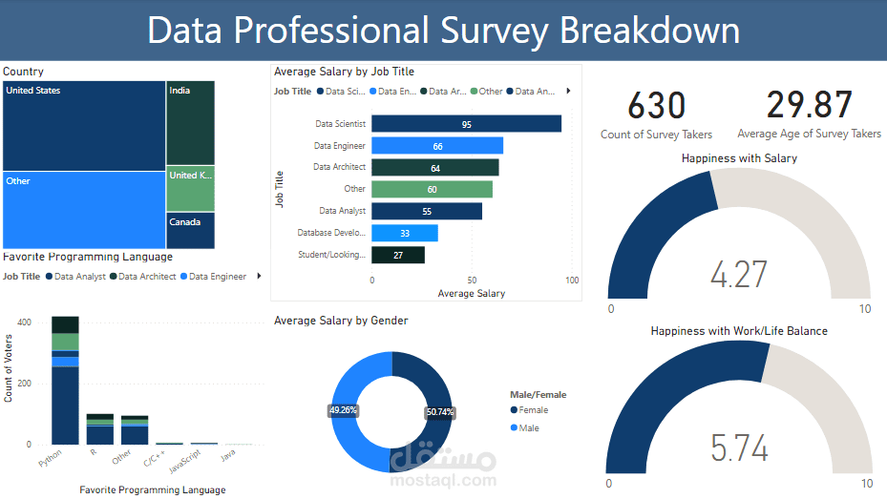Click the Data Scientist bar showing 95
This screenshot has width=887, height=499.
[x=466, y=124]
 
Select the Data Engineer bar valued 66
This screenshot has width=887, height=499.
[x=436, y=146]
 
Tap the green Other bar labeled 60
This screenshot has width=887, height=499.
[x=432, y=189]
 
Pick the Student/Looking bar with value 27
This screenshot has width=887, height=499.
[x=397, y=255]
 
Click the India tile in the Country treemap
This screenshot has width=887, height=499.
[x=190, y=122]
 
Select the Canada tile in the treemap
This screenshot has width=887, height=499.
[x=190, y=230]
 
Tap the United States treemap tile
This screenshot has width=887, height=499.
[x=84, y=125]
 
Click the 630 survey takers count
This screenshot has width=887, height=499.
[x=657, y=106]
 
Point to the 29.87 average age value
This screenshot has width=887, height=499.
[x=809, y=106]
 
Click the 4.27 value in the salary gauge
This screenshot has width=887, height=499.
[x=738, y=274]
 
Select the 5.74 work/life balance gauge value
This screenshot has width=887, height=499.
[x=738, y=447]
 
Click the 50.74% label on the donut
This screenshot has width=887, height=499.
[x=440, y=412]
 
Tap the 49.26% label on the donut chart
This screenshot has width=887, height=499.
[x=343, y=409]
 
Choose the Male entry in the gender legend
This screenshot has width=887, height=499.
[x=528, y=428]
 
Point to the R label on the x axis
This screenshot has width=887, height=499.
[x=93, y=453]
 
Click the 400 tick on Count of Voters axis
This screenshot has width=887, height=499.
[x=24, y=322]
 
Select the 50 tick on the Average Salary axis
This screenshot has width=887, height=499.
[x=472, y=281]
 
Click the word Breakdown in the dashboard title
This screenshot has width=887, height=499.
[x=649, y=31]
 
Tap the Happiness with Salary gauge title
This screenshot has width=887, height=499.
[x=739, y=158]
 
